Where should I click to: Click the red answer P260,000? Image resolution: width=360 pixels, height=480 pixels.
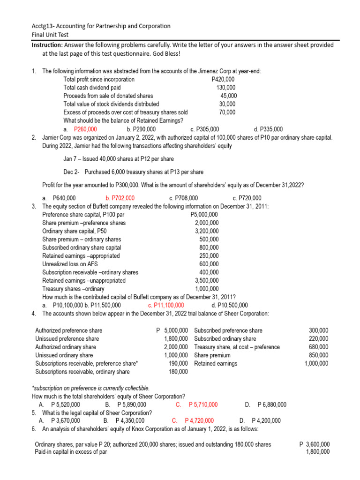tap(85, 129)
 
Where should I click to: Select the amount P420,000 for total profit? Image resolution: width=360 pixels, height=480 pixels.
tap(223, 79)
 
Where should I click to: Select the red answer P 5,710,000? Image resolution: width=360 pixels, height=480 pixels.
tap(202, 405)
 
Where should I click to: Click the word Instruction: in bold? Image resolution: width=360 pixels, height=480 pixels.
tap(47, 45)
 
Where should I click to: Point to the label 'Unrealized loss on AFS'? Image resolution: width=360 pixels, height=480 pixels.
tap(70, 264)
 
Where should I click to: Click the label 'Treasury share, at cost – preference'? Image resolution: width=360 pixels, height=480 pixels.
tap(237, 347)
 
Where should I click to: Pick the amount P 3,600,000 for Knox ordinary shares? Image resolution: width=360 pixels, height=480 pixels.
tap(314, 444)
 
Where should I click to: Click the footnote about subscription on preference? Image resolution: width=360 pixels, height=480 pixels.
tap(90, 388)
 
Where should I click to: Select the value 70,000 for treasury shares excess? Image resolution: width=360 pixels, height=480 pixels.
tap(227, 112)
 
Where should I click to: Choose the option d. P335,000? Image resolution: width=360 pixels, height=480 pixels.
tap(268, 129)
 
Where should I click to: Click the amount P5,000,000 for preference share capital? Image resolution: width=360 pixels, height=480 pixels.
tap(204, 215)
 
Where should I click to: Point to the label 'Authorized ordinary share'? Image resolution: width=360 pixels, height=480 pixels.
tap(66, 347)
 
